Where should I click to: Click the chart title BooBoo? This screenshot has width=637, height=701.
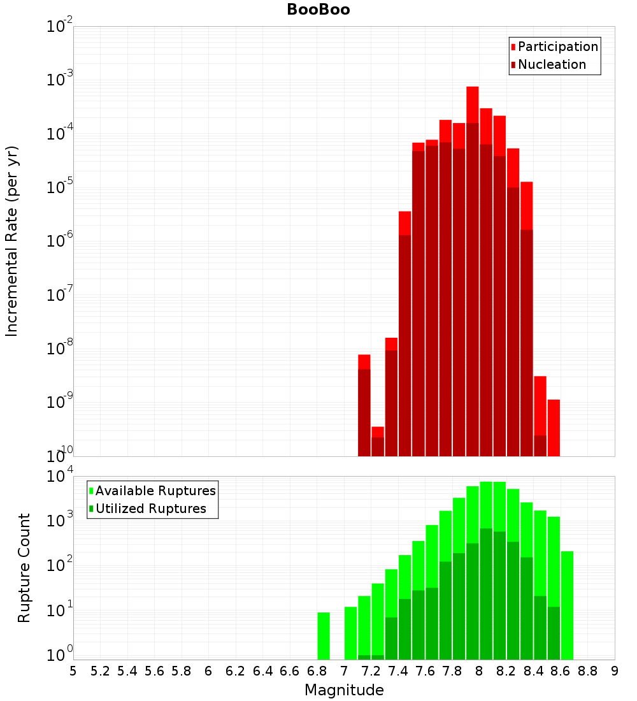[x=318, y=10]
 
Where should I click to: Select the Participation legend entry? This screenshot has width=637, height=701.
[x=557, y=47]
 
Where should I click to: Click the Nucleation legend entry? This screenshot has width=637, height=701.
[x=551, y=64]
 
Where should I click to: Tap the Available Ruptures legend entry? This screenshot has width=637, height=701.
[x=155, y=491]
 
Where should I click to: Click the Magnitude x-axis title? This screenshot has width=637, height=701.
[x=344, y=690]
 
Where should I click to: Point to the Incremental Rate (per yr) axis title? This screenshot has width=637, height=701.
[x=12, y=241]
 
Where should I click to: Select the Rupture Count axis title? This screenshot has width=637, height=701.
[x=24, y=568]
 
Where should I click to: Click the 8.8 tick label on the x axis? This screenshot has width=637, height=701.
[x=588, y=671]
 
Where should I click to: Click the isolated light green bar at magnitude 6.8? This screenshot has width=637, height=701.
[x=324, y=636]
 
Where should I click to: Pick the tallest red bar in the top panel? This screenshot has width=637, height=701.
[x=473, y=271]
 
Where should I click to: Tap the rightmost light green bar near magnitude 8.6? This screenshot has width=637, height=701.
[x=567, y=605]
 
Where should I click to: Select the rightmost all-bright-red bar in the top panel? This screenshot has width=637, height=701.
[x=554, y=428]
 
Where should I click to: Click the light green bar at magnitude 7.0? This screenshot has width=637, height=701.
[x=350, y=633]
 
